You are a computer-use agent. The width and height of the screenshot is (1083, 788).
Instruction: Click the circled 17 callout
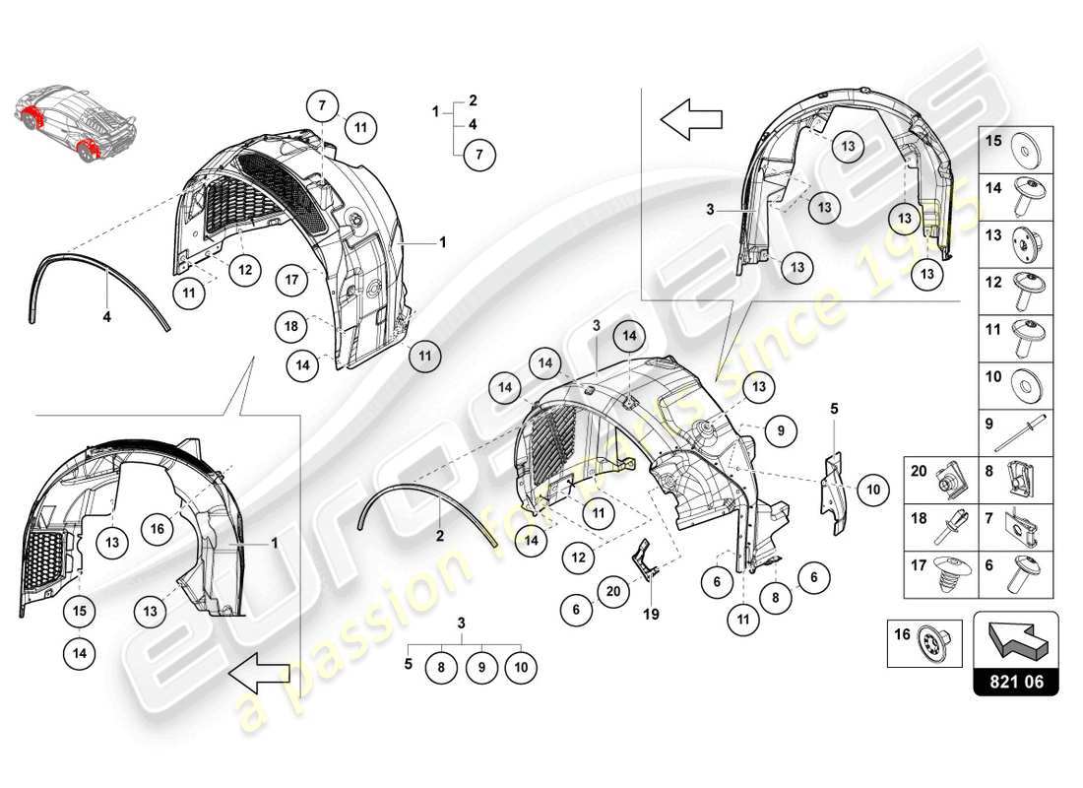pyautogui.click(x=290, y=278)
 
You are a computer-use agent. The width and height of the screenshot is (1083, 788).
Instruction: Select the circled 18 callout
pyautogui.click(x=290, y=325)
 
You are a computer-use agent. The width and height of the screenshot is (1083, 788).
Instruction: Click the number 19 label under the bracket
pyautogui.click(x=649, y=615)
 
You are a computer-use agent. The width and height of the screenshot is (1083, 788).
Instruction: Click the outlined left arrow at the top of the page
pyautogui.click(x=691, y=120)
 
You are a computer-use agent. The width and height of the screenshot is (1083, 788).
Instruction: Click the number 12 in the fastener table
pyautogui.click(x=992, y=282)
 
